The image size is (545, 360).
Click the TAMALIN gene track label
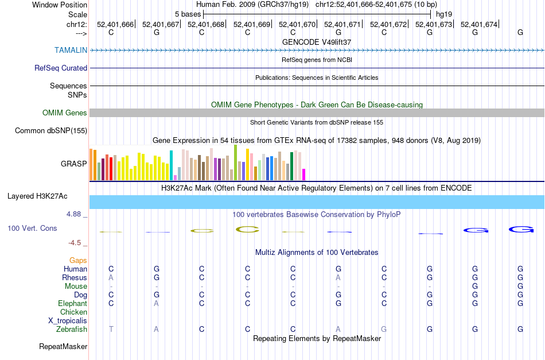pos(71,50)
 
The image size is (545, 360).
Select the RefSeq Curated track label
pos(61,68)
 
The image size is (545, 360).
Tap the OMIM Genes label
pos(65,113)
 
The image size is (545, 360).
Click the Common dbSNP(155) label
pos(51,130)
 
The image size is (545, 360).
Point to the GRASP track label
pos(74,164)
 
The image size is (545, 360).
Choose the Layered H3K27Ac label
pos(37,196)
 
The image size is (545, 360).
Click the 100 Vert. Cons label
pos(32,228)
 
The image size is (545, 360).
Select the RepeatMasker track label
pos(63,346)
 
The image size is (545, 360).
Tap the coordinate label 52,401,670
pos(297,24)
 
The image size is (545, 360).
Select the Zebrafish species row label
pos(72,329)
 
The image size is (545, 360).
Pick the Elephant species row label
pos(72,303)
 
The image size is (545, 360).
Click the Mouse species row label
pos(76,286)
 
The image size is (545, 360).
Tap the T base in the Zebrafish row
pos(111,329)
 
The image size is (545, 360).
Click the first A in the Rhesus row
pos(111,277)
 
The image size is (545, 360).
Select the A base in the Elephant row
pos(156,303)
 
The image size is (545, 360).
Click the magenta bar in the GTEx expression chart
pos(304,174)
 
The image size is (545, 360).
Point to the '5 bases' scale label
pos(188,13)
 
